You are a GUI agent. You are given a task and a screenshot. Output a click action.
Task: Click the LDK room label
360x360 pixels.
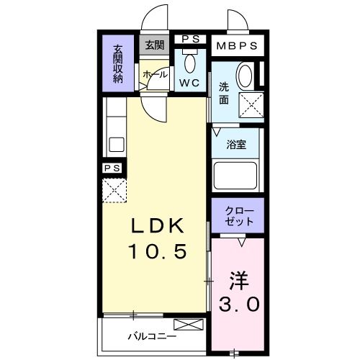pos(158,226)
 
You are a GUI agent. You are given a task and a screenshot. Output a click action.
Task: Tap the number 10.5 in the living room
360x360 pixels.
pos(158,251)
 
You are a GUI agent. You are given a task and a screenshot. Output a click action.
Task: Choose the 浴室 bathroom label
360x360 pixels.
pos(237,144)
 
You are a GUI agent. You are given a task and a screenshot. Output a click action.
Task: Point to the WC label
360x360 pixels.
pos(189,82)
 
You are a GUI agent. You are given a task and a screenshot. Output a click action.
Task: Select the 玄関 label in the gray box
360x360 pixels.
pos(154,45)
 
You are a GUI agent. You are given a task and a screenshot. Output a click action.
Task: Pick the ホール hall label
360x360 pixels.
pos(155,74)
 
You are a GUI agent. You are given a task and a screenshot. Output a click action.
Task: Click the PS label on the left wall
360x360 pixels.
pos(112,168)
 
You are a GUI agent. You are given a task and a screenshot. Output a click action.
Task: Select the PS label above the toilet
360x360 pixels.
pos(191,39)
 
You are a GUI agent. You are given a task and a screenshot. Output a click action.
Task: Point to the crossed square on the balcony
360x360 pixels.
pos(184,326)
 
